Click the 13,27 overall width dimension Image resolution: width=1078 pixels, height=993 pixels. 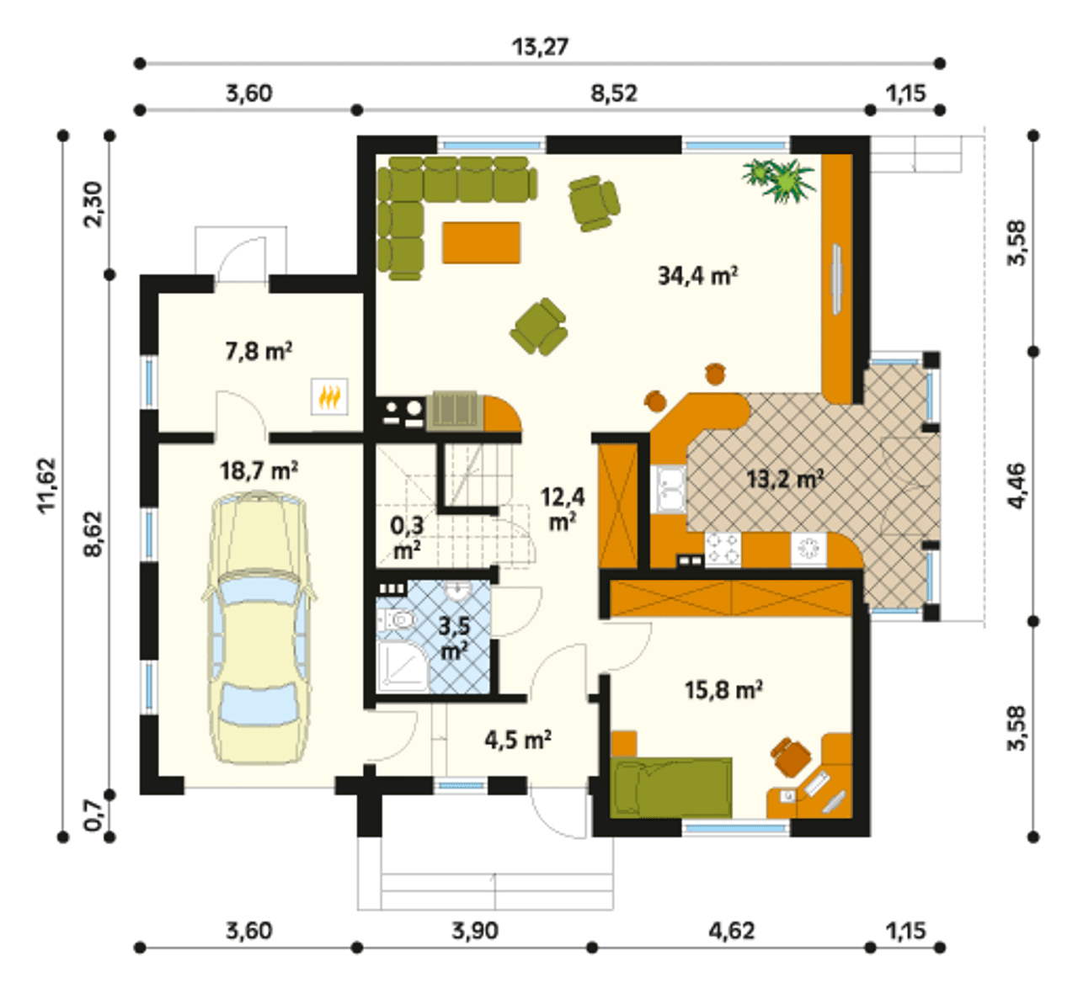(540, 47)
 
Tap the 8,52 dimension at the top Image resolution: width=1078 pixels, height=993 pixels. (614, 94)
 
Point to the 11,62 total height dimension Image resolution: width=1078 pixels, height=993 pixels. (47, 485)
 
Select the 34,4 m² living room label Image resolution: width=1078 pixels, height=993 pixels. (697, 276)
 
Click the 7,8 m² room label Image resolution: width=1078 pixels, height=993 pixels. (259, 352)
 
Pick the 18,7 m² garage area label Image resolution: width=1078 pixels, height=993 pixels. (259, 470)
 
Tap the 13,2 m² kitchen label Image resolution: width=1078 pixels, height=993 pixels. (786, 479)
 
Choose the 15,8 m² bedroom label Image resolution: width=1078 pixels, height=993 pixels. (723, 690)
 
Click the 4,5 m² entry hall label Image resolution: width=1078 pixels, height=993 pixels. (519, 740)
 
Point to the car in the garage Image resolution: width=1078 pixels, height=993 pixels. (259, 627)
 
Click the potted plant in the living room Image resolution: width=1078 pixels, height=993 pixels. (780, 179)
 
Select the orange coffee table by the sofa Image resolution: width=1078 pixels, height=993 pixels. (482, 242)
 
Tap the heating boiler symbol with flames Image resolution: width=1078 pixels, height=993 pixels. (329, 396)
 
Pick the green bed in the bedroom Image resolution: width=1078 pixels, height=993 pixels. (671, 788)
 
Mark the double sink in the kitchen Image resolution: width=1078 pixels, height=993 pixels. (671, 490)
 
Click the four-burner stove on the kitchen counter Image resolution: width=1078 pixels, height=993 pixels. (723, 550)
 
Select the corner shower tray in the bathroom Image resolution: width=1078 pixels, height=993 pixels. (403, 666)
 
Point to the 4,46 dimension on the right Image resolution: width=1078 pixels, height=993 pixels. (1017, 486)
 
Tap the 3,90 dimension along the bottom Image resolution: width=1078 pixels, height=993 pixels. (475, 931)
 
